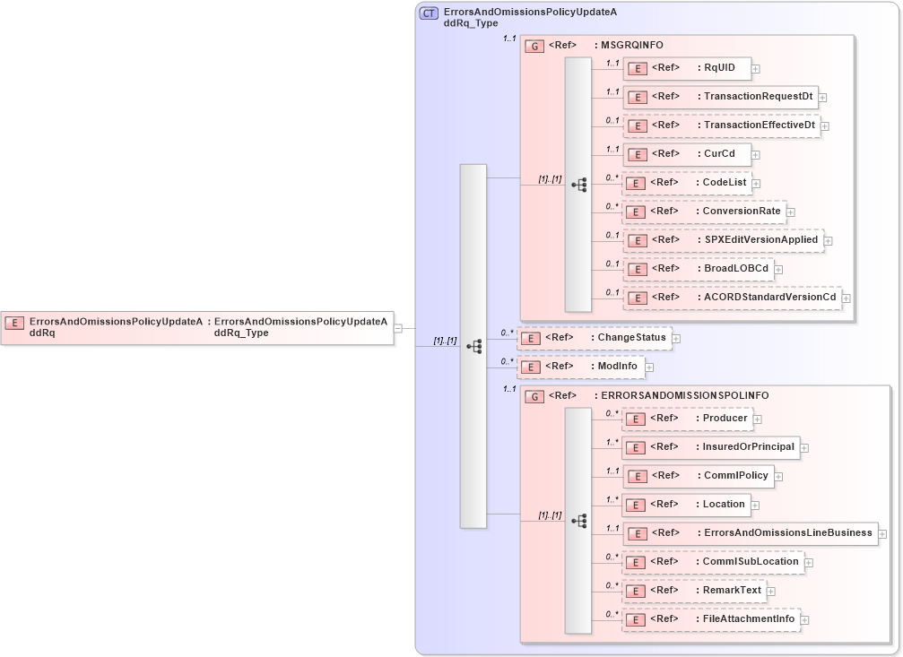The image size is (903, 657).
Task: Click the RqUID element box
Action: tap(687, 68)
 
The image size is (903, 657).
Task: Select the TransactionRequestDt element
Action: tap(720, 97)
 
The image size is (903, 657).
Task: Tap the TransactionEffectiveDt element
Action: tap(721, 125)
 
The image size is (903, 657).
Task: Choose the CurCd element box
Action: tap(687, 154)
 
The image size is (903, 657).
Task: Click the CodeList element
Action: tap(687, 183)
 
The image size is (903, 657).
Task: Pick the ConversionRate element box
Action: tap(705, 212)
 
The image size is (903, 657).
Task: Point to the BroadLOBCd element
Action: tap(698, 269)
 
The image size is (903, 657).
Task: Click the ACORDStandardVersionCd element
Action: tap(732, 297)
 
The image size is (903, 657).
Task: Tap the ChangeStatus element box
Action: tap(595, 338)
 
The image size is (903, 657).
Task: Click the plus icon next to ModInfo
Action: tap(649, 367)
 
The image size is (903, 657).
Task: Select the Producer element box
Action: tap(687, 419)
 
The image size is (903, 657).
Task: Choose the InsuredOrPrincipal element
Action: tap(711, 447)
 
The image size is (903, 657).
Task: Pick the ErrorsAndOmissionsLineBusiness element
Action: tap(750, 533)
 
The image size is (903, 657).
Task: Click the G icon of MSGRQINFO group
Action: tap(534, 46)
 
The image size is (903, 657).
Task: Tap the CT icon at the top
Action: tap(430, 13)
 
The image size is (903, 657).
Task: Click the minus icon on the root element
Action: tap(398, 328)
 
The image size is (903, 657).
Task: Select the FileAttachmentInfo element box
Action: tap(711, 619)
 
